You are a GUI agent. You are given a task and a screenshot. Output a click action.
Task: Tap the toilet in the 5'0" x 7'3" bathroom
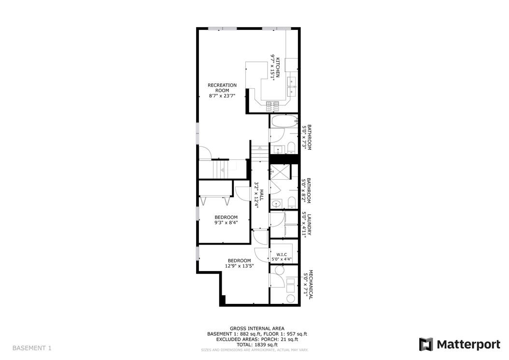click(x=291, y=146)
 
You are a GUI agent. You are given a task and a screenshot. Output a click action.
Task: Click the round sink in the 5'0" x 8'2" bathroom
click(x=276, y=203)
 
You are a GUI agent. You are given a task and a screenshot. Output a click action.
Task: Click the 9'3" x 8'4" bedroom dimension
click(x=226, y=223)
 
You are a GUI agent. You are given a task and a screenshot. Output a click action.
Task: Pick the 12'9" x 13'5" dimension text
click(x=239, y=266)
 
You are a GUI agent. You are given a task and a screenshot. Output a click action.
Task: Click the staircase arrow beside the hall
click(x=259, y=147)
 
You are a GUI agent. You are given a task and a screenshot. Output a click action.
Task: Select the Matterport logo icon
click(x=425, y=344)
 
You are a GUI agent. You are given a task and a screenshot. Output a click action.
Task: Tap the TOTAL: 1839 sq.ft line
click(x=257, y=345)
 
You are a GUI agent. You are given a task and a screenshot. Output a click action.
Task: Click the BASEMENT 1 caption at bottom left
click(x=31, y=348)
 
